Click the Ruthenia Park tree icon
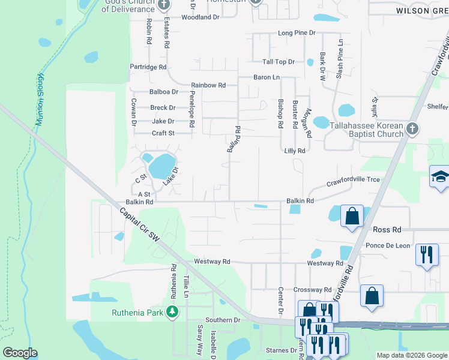point(172,311)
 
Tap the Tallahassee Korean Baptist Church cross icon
point(412,128)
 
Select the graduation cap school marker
point(440,177)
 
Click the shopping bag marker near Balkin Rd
point(351,215)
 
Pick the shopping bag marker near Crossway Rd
point(372,295)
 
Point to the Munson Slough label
point(40,100)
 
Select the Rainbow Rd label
point(208,85)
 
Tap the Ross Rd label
point(387,230)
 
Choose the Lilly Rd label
point(295,151)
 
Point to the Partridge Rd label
point(148,67)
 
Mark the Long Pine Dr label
point(296,32)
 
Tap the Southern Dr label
point(222,320)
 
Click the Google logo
point(20,353)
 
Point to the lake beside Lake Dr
point(161,166)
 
